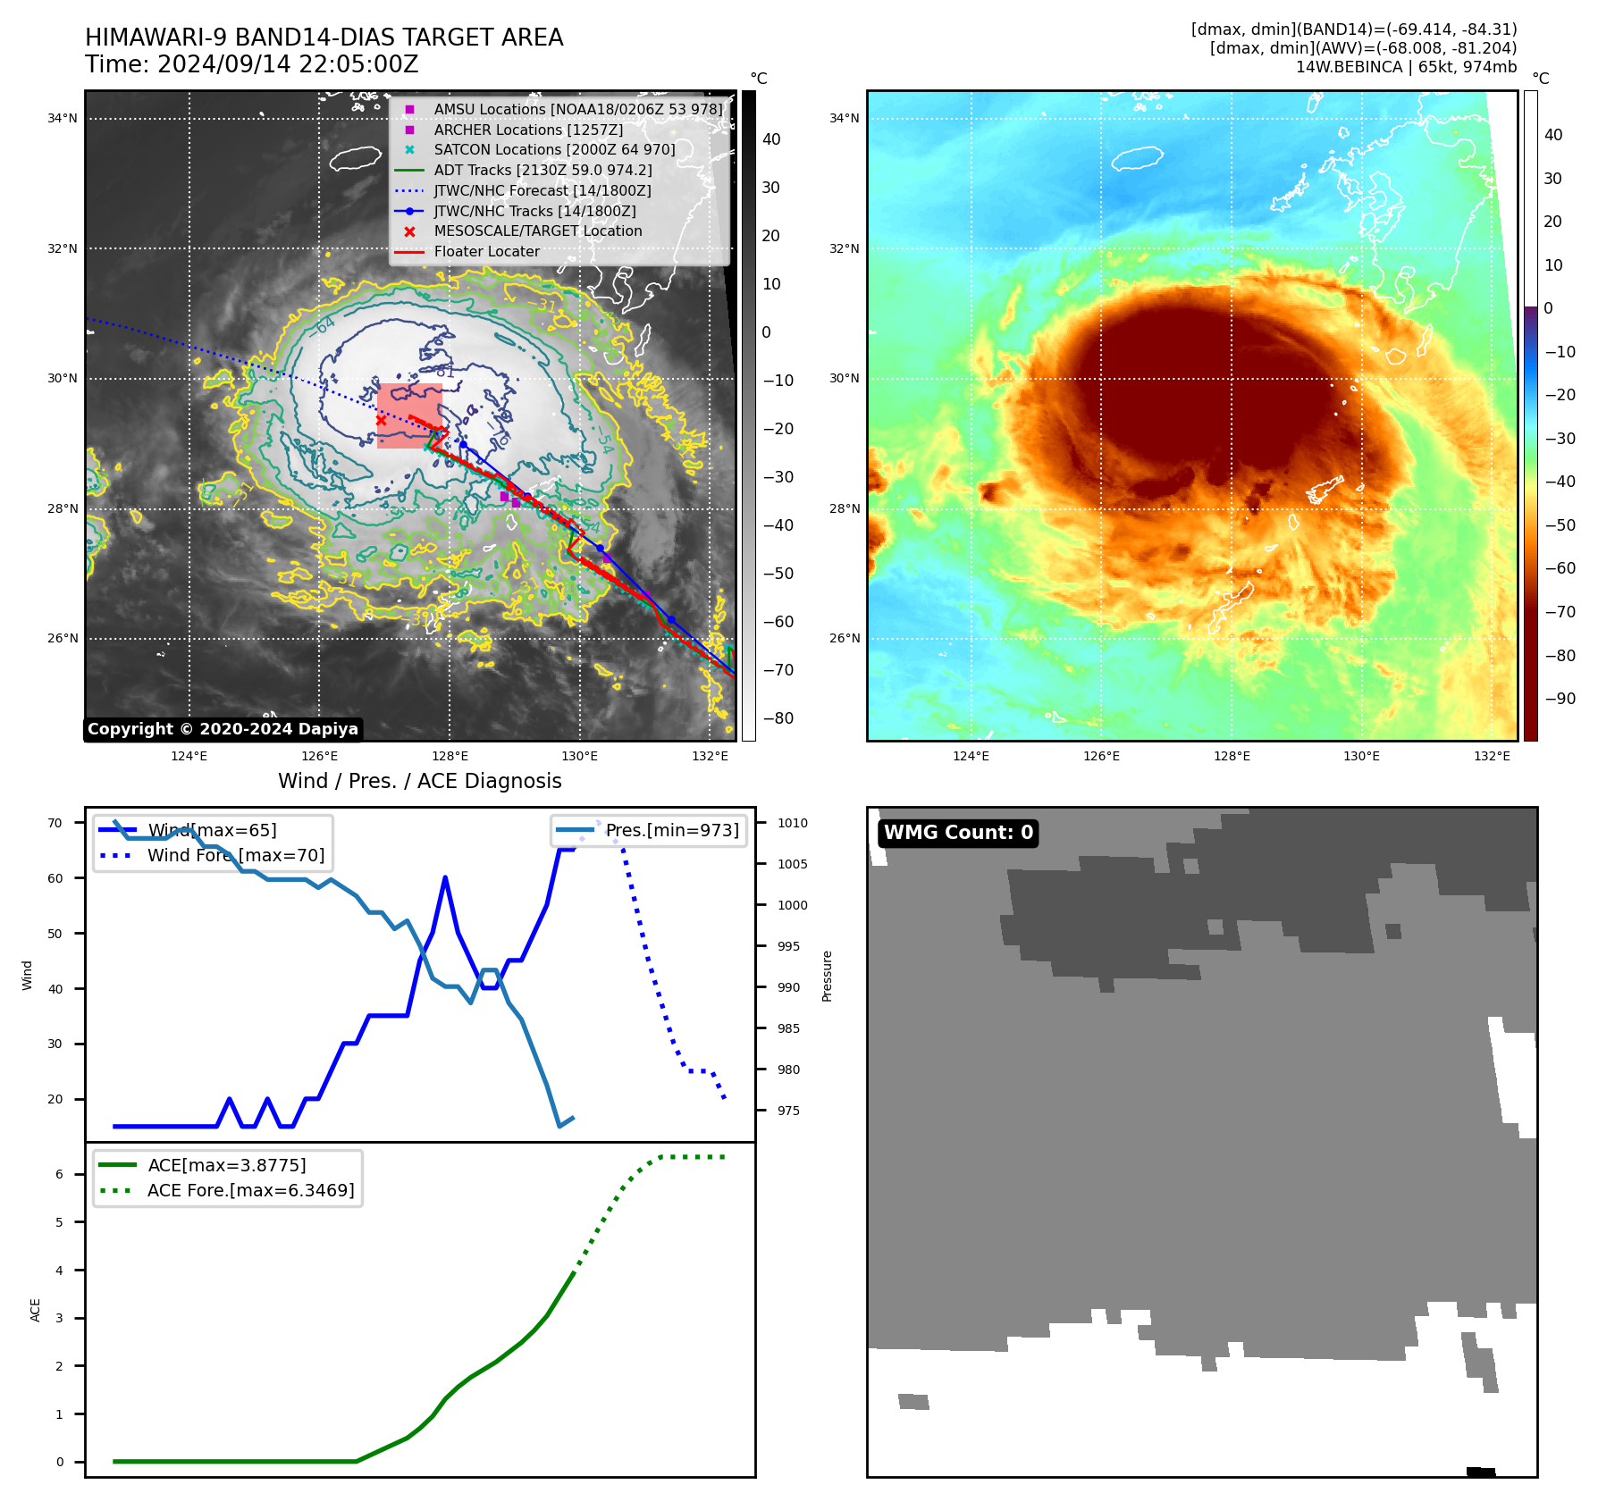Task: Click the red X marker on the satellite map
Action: click(x=382, y=420)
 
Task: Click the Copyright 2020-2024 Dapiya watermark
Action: click(x=223, y=729)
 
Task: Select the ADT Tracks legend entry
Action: click(x=542, y=170)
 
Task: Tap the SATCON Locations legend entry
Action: click(x=554, y=150)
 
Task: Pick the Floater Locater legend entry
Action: click(x=486, y=252)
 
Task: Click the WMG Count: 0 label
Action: click(x=958, y=833)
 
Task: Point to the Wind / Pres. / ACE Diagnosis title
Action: click(x=420, y=781)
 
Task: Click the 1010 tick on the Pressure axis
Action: click(x=792, y=823)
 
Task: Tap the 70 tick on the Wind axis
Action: click(x=55, y=823)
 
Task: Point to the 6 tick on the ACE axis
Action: click(x=60, y=1174)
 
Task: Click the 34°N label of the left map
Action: click(x=63, y=119)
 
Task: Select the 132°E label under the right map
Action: click(x=1492, y=756)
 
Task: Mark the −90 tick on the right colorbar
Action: click(x=1560, y=699)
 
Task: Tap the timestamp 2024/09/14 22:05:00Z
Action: click(x=288, y=65)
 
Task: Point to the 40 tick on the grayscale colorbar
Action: click(x=771, y=139)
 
